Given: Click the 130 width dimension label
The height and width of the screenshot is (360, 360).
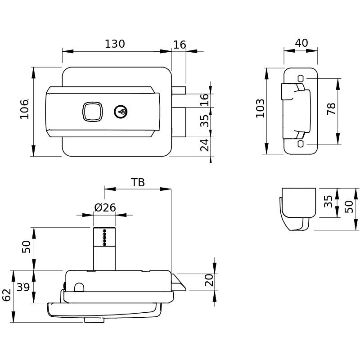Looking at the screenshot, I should (x=115, y=44).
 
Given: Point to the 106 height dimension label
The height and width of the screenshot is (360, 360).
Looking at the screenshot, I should (x=24, y=109).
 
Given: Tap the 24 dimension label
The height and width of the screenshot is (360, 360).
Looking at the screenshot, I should (x=205, y=145).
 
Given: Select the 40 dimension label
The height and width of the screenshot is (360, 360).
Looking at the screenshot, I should (x=301, y=43).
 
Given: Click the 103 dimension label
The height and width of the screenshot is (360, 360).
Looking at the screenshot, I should (x=260, y=108).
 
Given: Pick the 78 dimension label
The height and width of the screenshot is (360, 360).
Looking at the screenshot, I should (x=332, y=109).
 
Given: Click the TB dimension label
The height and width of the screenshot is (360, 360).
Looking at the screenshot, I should (x=138, y=182).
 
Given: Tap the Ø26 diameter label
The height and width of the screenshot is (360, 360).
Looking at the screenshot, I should (x=105, y=207).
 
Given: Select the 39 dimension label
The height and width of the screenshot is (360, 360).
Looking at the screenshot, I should (x=23, y=287).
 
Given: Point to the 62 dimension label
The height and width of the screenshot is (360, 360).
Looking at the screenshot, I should (x=6, y=295).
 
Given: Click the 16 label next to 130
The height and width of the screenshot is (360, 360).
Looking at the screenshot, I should (x=180, y=45).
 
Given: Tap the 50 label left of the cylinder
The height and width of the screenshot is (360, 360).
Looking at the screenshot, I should (x=27, y=247).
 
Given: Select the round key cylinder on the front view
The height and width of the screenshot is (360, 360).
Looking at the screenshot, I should (x=121, y=111).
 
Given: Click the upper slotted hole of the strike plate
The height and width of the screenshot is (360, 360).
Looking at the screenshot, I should (x=301, y=79).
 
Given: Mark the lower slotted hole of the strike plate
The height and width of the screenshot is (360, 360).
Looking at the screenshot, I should (x=301, y=144).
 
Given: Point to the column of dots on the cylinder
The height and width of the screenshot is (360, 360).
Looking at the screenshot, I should (x=105, y=238).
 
